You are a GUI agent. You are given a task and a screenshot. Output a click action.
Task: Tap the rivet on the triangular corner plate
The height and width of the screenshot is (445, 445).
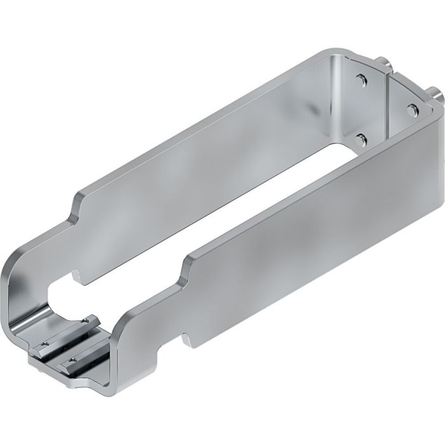pos(411,106)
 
